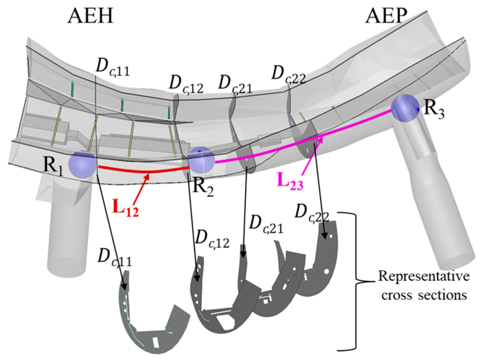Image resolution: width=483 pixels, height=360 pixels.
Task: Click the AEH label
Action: tap(91, 16)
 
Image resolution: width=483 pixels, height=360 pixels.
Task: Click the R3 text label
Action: tap(434, 108)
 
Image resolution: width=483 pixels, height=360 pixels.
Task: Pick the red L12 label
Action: tap(125, 208)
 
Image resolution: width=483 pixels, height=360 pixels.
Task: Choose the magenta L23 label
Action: tap(290, 181)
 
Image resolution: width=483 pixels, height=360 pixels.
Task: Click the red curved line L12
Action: tap(141, 171)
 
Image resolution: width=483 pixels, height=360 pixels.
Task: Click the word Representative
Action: tap(424, 276)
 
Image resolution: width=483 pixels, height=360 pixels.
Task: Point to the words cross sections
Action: tap(424, 294)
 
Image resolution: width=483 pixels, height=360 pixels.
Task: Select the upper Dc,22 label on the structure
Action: tap(288, 75)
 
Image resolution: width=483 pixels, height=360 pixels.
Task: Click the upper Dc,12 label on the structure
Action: tap(186, 84)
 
